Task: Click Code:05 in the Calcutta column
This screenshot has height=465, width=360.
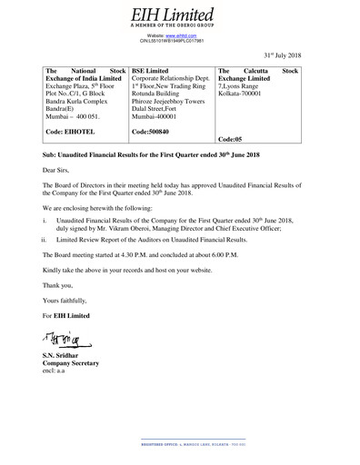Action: [x=233, y=140]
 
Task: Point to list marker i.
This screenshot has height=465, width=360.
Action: [x=45, y=221]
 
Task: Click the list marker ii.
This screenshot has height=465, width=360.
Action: [x=45, y=242]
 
